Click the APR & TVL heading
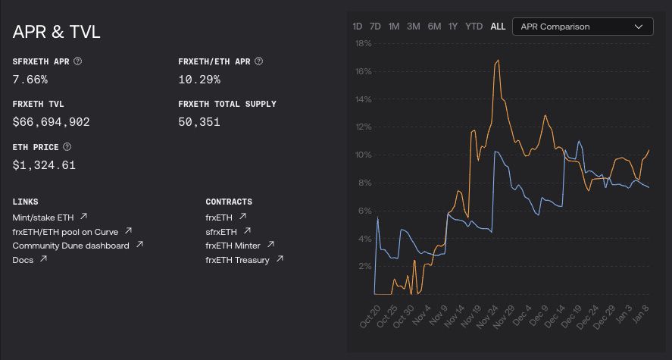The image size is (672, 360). pyautogui.click(x=57, y=32)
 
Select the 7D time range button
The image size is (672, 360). pyautogui.click(x=375, y=27)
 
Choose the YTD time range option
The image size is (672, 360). pyautogui.click(x=474, y=27)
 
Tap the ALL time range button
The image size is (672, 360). pyautogui.click(x=498, y=27)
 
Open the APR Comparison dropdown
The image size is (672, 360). pyautogui.click(x=582, y=27)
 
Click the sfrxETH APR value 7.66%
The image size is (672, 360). pyautogui.click(x=30, y=79)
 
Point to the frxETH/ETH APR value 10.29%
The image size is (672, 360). pyautogui.click(x=198, y=79)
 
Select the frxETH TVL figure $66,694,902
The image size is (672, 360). pyautogui.click(x=52, y=122)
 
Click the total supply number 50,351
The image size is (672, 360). pyautogui.click(x=199, y=122)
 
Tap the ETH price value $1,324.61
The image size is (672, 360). pyautogui.click(x=44, y=165)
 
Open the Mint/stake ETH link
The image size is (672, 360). pyautogui.click(x=44, y=217)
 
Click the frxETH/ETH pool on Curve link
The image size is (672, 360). pyautogui.click(x=66, y=231)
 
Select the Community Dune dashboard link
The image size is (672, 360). pyautogui.click(x=70, y=246)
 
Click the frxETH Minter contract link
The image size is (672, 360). pyautogui.click(x=233, y=246)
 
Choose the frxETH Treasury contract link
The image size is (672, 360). pyautogui.click(x=237, y=260)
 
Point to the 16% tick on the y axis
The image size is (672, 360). pyautogui.click(x=362, y=71)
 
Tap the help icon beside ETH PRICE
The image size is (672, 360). pyautogui.click(x=67, y=147)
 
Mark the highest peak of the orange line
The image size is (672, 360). pyautogui.click(x=498, y=60)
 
